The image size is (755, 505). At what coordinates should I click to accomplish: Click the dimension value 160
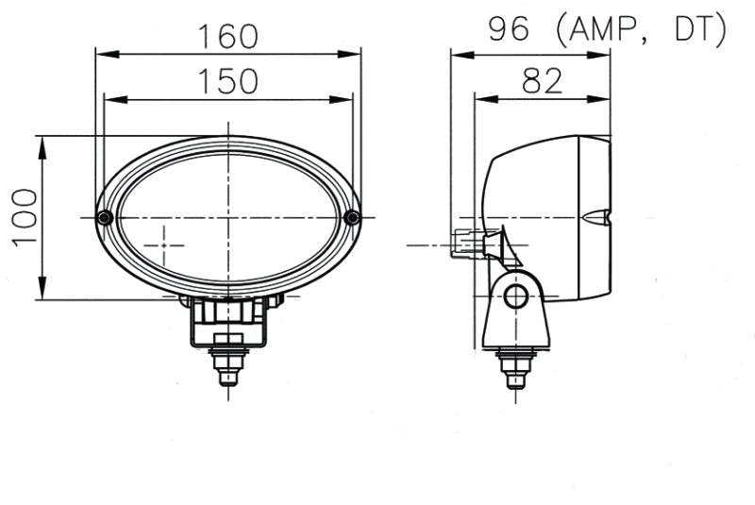click(227, 36)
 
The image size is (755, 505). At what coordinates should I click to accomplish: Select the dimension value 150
click(227, 81)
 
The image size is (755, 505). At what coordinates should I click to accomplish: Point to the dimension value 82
click(542, 81)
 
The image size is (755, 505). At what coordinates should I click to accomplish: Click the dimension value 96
click(509, 30)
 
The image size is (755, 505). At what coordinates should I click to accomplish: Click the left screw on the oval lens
click(105, 218)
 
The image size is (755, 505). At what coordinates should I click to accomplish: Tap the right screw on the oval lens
click(352, 218)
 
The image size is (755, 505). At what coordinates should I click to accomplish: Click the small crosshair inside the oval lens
click(167, 244)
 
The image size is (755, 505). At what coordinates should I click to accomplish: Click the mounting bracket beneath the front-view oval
click(227, 321)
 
